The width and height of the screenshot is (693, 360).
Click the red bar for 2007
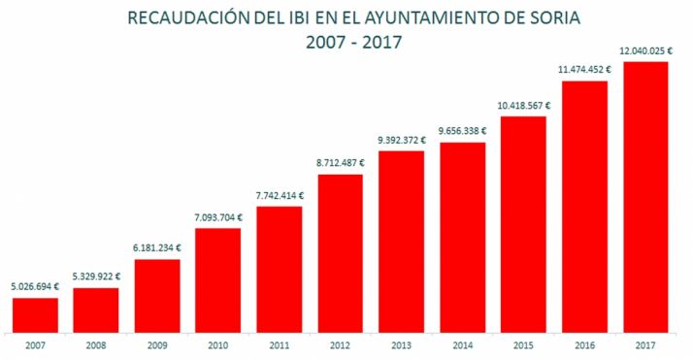pos(35,314)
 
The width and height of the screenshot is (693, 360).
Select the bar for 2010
pos(218,279)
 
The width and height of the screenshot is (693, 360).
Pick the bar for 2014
pos(462,237)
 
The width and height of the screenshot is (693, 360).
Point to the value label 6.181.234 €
pos(157,249)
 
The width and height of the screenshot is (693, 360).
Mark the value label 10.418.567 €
pos(524,106)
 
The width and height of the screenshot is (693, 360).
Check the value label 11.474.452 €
pos(584,70)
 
